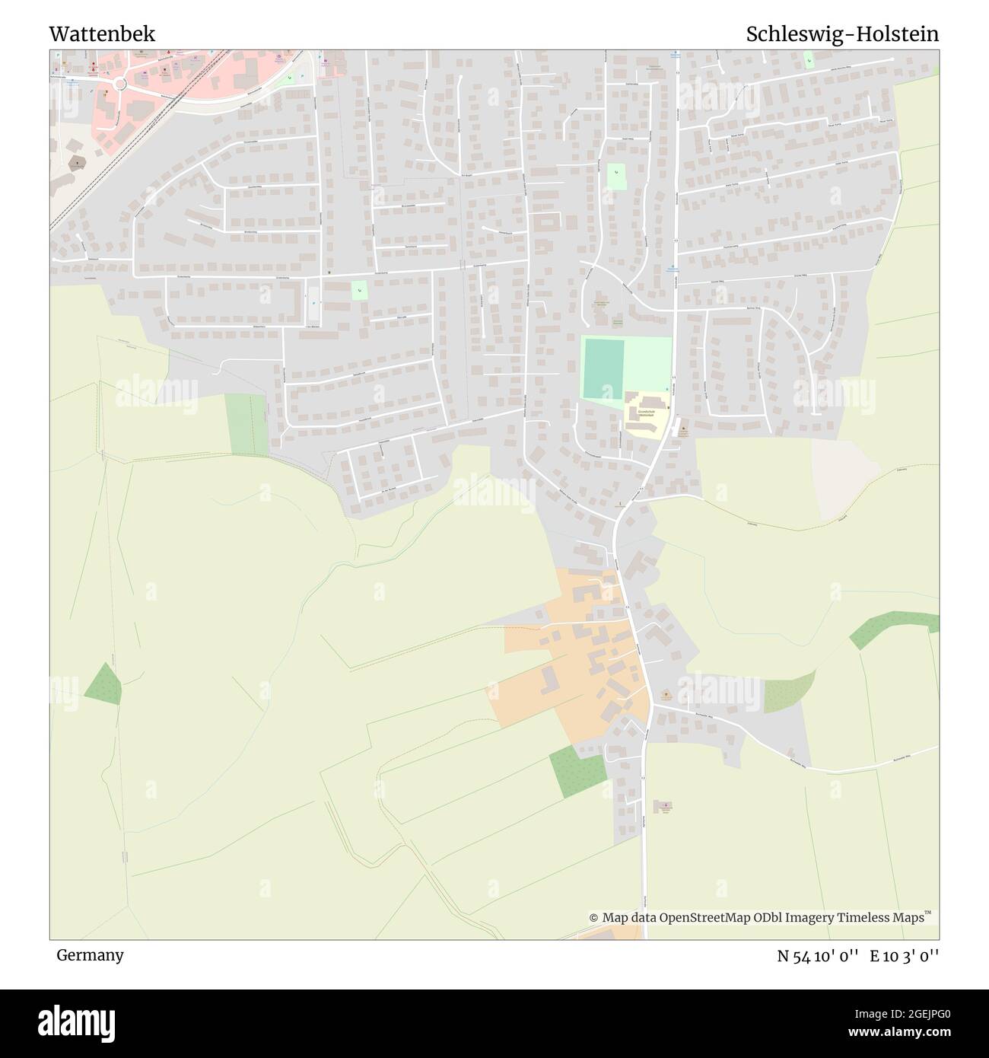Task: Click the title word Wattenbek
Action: [x=102, y=34]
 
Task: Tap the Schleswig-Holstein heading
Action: [x=842, y=34]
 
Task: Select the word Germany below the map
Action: [x=90, y=954]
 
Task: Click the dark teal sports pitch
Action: [x=603, y=369]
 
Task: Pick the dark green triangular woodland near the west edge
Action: [x=104, y=684]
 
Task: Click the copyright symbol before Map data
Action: [x=593, y=918]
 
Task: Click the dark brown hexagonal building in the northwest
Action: [x=75, y=162]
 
